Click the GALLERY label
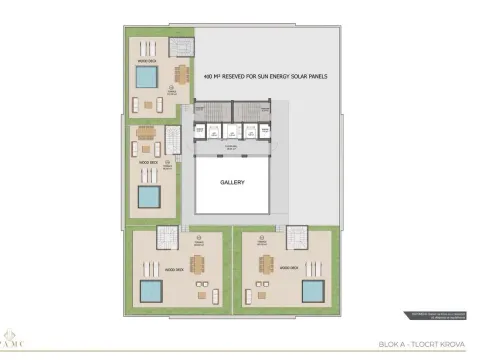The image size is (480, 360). [x=233, y=183]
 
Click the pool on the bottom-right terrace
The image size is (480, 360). [x=311, y=291]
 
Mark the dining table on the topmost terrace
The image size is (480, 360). [x=181, y=75]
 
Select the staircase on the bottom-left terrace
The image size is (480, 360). [x=166, y=237]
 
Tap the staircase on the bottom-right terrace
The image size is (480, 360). [x=296, y=237]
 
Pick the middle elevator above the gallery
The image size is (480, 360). [x=233, y=131]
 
